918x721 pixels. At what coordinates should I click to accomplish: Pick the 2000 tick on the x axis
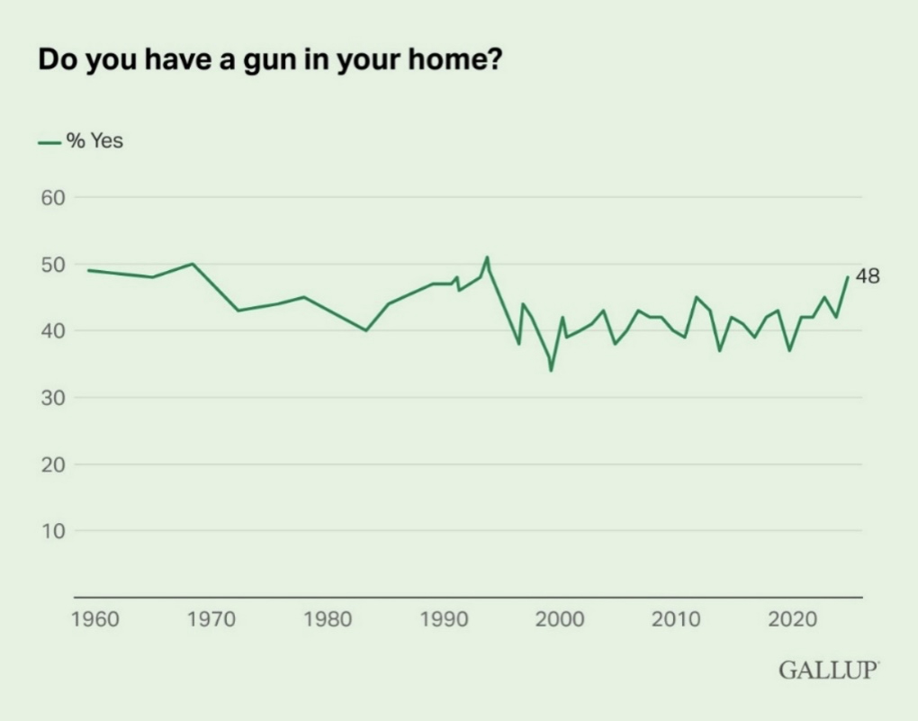pyautogui.click(x=560, y=620)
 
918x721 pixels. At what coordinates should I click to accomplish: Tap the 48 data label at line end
pyautogui.click(x=867, y=277)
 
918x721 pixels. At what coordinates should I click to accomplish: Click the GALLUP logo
pyautogui.click(x=828, y=671)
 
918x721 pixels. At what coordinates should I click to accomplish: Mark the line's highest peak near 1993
pyautogui.click(x=487, y=257)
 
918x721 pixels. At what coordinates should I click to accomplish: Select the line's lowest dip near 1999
pyautogui.click(x=552, y=370)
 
